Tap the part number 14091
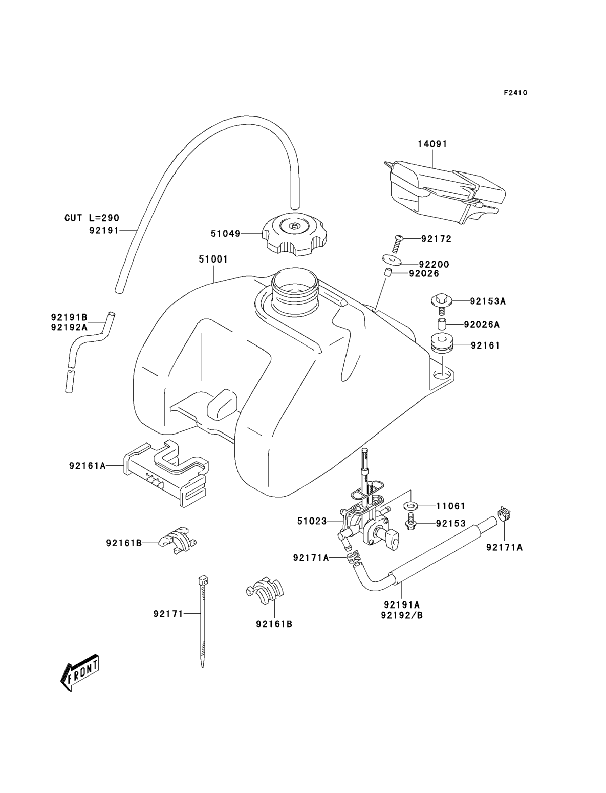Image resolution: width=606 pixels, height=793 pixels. click(x=432, y=144)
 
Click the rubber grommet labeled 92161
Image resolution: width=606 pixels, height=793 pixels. click(x=442, y=344)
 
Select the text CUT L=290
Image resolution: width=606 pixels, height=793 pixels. click(x=92, y=218)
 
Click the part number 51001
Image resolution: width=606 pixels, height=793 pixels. click(x=213, y=259)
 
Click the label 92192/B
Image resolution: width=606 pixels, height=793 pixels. click(x=401, y=615)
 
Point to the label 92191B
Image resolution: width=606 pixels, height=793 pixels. click(x=69, y=317)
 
